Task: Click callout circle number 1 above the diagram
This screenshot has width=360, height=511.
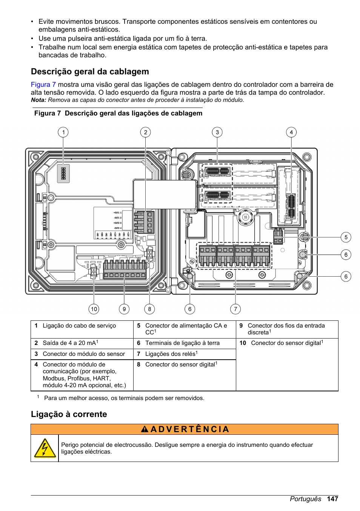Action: pyautogui.click(x=63, y=132)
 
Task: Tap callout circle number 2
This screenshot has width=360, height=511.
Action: pyautogui.click(x=145, y=132)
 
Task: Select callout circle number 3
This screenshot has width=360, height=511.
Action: pyautogui.click(x=217, y=132)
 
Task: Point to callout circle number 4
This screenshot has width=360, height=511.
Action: pyautogui.click(x=291, y=132)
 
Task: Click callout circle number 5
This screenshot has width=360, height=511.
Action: pyautogui.click(x=346, y=237)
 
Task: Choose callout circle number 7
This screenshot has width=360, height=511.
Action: pyautogui.click(x=235, y=309)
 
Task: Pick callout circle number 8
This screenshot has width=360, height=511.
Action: pyautogui.click(x=149, y=309)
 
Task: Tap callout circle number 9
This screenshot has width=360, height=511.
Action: pyautogui.click(x=124, y=309)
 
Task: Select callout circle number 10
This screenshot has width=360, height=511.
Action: pyautogui.click(x=94, y=309)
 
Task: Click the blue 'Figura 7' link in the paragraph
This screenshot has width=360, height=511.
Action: pyautogui.click(x=43, y=85)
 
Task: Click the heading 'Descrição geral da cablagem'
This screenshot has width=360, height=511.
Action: pyautogui.click(x=90, y=72)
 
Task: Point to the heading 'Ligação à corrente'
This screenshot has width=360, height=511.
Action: pyautogui.click(x=69, y=414)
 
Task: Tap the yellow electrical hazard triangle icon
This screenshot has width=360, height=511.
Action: pyautogui.click(x=45, y=448)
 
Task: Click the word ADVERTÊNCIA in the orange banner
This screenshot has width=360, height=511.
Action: pyautogui.click(x=189, y=429)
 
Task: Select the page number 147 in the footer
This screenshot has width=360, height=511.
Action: pyautogui.click(x=332, y=499)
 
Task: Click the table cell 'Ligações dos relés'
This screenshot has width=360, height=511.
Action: pyautogui.click(x=170, y=354)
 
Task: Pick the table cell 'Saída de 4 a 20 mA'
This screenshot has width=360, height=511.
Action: pyautogui.click(x=69, y=343)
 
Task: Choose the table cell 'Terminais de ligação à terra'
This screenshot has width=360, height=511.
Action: pyautogui.click(x=182, y=343)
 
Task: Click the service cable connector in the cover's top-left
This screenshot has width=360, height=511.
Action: pyautogui.click(x=63, y=173)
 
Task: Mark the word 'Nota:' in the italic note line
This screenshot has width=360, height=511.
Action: pyautogui.click(x=38, y=100)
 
